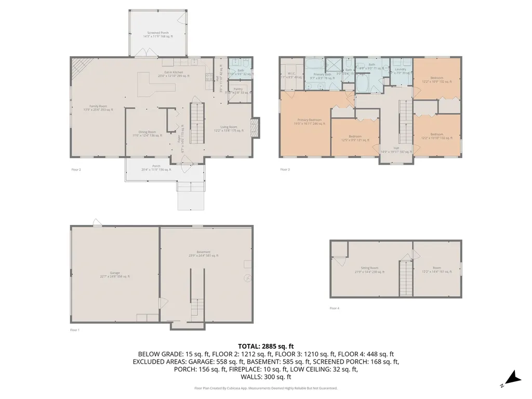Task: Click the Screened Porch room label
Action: coord(157,34)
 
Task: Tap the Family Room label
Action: coord(98,108)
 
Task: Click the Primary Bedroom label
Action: coord(309,122)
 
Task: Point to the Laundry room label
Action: coord(400,71)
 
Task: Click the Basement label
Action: coord(204,254)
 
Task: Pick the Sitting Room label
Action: coord(369,270)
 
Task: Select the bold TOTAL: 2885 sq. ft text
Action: coord(266,346)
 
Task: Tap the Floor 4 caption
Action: coord(334,308)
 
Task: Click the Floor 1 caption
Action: coord(75,330)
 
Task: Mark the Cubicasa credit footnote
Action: coord(266,388)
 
